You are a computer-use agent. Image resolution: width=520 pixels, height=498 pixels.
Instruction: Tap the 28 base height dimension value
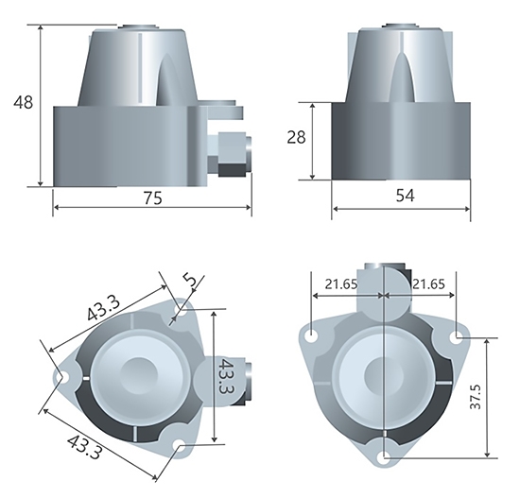[x=297, y=138]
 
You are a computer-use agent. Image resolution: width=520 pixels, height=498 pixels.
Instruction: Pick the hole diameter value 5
[x=189, y=281]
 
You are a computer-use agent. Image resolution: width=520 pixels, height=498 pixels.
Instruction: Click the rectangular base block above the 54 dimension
[x=400, y=142]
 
